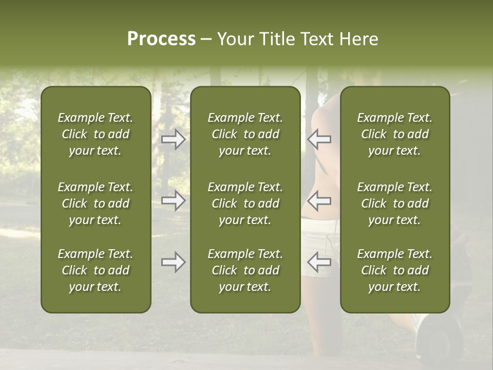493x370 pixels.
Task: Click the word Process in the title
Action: click(x=161, y=39)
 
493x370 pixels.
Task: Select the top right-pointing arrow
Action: click(x=174, y=139)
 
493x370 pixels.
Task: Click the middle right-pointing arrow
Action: click(x=174, y=200)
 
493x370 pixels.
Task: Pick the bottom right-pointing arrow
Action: click(x=174, y=262)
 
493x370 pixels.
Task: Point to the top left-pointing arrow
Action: click(x=319, y=139)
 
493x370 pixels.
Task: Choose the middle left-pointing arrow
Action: click(x=319, y=200)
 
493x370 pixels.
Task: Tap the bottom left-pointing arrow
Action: click(x=319, y=262)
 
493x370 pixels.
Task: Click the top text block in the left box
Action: click(x=96, y=134)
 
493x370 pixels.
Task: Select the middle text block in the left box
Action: click(x=96, y=203)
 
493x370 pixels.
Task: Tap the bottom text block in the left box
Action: click(x=96, y=270)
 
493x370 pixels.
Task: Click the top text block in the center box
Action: click(x=245, y=134)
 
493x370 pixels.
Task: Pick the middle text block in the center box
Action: click(x=245, y=203)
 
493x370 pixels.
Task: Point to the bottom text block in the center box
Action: click(x=245, y=270)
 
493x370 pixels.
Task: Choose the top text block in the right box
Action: click(x=395, y=134)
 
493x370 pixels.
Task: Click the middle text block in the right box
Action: click(x=395, y=203)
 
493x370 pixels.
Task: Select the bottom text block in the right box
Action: click(x=395, y=270)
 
